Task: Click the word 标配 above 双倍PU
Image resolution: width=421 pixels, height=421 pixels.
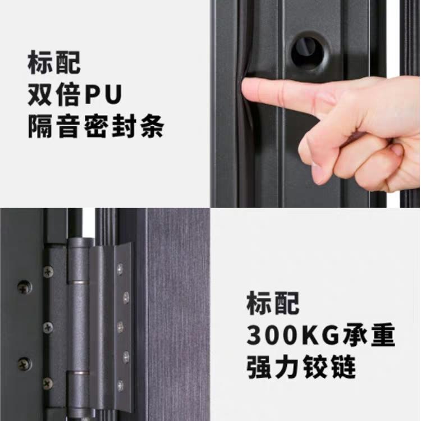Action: [x=54, y=62]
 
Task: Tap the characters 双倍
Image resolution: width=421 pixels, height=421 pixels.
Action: [x=54, y=94]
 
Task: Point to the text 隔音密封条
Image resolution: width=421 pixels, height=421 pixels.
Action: [x=96, y=126]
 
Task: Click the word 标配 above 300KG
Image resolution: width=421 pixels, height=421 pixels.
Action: [x=273, y=303]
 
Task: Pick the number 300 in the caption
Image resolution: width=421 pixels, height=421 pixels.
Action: [x=274, y=336]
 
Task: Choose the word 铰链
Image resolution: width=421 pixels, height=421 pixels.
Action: [x=329, y=367]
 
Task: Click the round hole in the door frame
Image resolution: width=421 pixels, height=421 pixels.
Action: [x=308, y=53]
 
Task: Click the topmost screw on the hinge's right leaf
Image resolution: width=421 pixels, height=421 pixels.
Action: [x=120, y=267]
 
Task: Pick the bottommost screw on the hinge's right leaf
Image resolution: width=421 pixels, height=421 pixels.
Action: [x=120, y=385]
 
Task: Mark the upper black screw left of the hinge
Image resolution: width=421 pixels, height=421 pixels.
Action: [x=25, y=287]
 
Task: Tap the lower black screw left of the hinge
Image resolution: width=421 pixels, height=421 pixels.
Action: [x=25, y=364]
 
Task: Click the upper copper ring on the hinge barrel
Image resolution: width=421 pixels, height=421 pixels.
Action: [x=77, y=282]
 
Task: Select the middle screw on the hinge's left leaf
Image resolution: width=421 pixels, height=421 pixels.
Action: [x=48, y=327]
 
